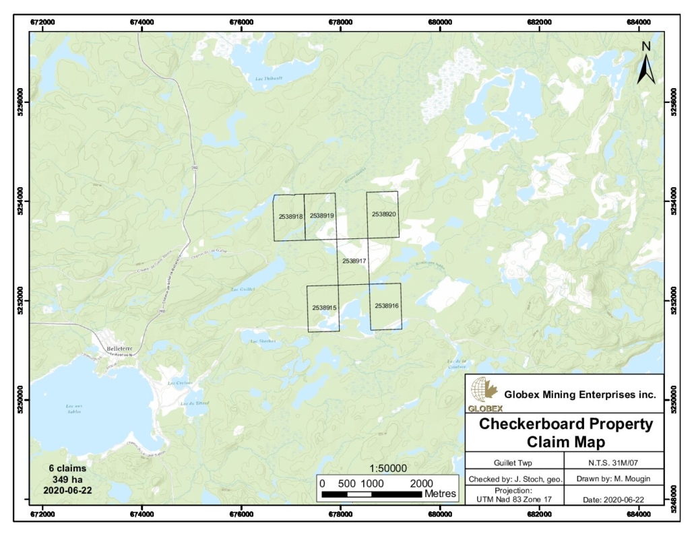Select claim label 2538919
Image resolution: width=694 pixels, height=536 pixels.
322,216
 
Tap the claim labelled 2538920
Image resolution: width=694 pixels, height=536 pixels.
383,214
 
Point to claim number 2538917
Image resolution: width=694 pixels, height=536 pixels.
354,260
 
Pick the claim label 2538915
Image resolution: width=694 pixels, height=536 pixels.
324,307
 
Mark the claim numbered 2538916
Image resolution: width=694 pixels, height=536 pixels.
387,306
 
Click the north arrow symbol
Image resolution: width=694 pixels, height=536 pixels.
646,64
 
